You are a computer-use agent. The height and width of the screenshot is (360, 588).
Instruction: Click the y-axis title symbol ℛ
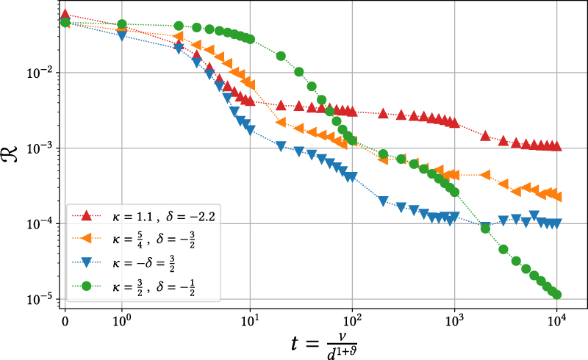pos(13,156)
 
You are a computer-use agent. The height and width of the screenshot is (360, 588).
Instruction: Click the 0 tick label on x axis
pos(65,320)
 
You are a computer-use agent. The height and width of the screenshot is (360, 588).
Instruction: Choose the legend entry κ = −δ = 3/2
pos(143,262)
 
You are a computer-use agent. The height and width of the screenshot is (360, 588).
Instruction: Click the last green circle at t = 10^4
pos(556,295)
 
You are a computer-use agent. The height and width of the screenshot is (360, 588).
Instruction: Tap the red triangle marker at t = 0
pos(65,14)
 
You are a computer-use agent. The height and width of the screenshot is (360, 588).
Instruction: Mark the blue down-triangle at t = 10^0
pos(122,35)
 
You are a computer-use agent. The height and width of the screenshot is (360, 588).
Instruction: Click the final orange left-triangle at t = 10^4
pos(556,197)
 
